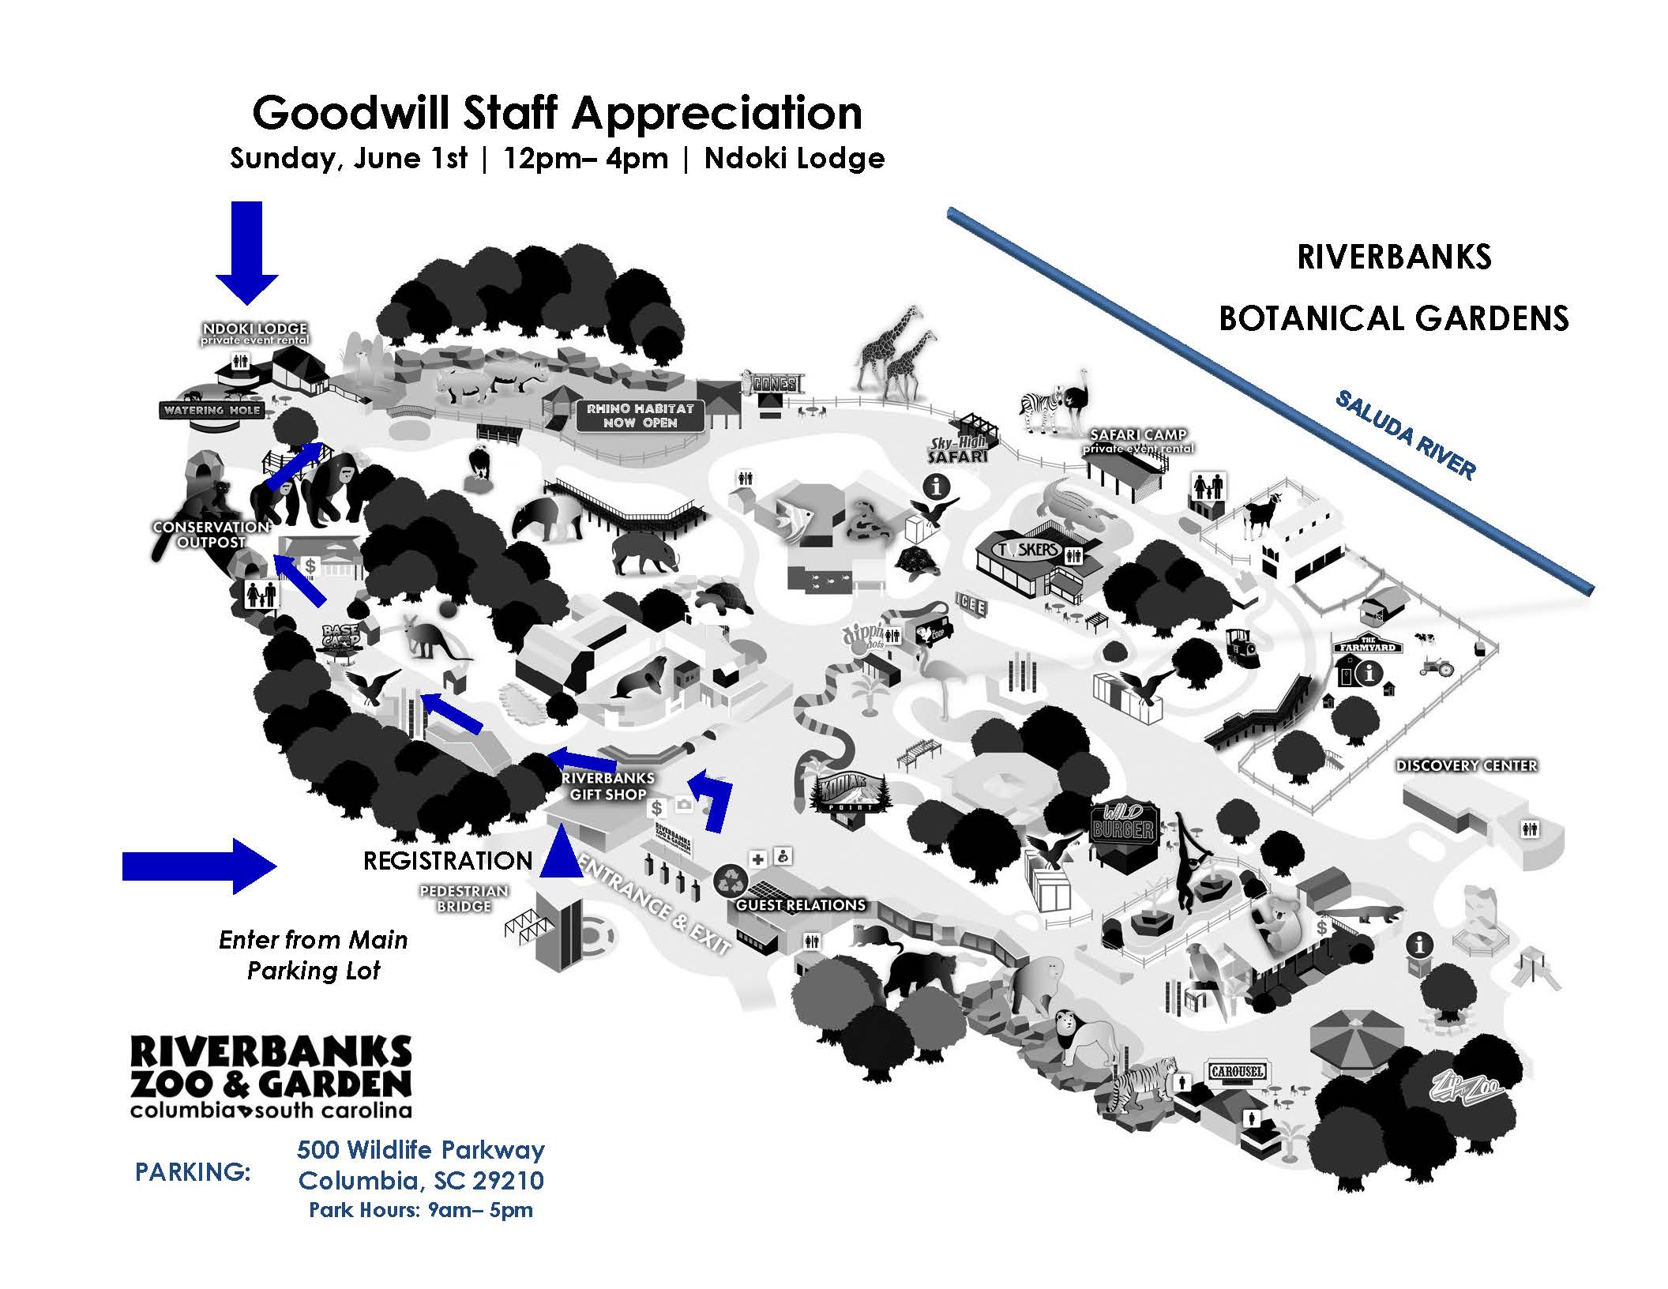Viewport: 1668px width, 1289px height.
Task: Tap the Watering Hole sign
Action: pos(211,410)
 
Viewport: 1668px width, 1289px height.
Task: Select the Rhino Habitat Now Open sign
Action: pos(639,415)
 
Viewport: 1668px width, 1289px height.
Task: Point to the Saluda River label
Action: pos(1405,435)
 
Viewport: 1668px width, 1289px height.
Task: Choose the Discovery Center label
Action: pos(1467,765)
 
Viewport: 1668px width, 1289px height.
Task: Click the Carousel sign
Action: pos(1237,1072)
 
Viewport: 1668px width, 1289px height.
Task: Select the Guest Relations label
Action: pos(801,905)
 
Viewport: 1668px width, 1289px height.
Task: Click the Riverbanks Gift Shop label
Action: pos(608,786)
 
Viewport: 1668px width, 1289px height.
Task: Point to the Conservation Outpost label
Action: pos(211,535)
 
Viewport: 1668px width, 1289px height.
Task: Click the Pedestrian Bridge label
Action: pos(464,898)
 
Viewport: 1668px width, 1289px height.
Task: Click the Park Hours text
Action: pos(420,1210)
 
